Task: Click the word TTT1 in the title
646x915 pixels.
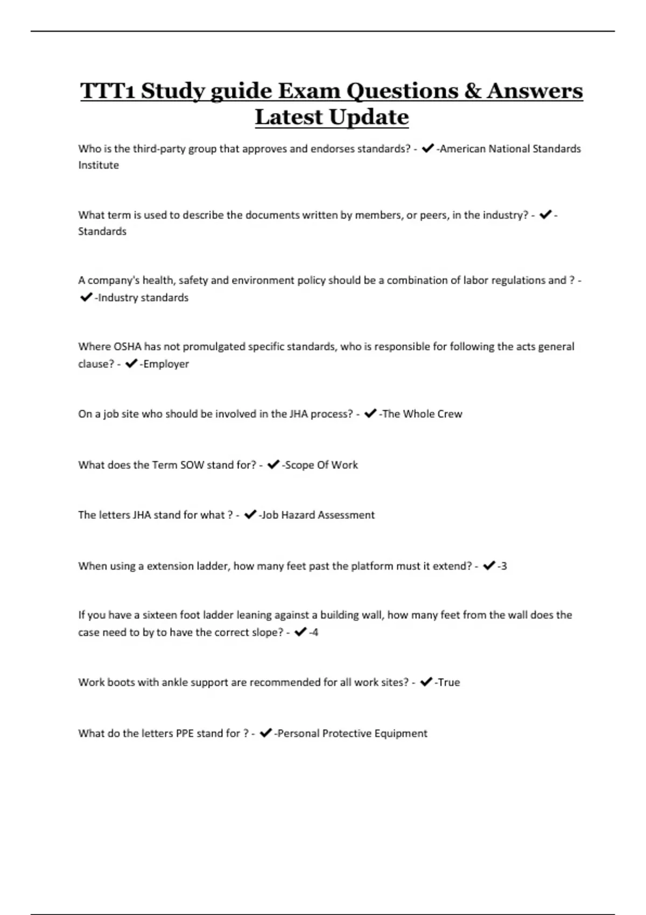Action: pyautogui.click(x=108, y=90)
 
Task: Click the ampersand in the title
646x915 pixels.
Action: pyautogui.click(x=472, y=90)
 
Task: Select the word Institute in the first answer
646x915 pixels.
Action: pyautogui.click(x=99, y=165)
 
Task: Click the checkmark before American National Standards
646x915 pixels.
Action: pyautogui.click(x=428, y=149)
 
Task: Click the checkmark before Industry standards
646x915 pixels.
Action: pyautogui.click(x=86, y=297)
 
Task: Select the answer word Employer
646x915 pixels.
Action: pyautogui.click(x=166, y=364)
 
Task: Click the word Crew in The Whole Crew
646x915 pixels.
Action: pyautogui.click(x=450, y=414)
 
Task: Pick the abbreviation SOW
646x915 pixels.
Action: pyautogui.click(x=192, y=465)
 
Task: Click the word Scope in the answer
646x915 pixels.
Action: pyautogui.click(x=299, y=465)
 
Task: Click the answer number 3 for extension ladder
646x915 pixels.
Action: pyautogui.click(x=503, y=566)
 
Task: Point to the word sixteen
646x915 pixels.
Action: pyautogui.click(x=159, y=615)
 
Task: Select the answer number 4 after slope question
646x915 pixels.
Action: pyautogui.click(x=315, y=632)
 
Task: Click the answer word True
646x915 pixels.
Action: pyautogui.click(x=448, y=682)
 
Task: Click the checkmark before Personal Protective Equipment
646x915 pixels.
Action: pyautogui.click(x=265, y=733)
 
